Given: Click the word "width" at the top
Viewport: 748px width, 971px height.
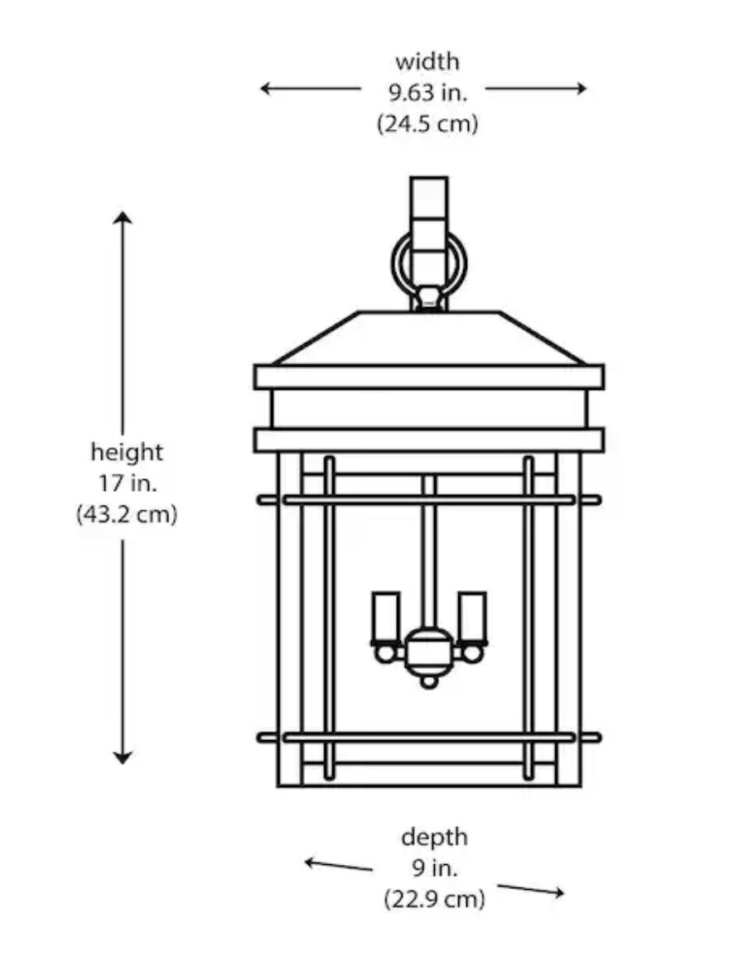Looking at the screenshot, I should (427, 61).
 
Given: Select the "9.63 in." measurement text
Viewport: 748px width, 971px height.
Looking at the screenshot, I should (427, 93).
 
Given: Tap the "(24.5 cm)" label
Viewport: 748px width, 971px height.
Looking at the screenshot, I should (427, 124).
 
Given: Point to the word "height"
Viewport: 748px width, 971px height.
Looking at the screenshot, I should (127, 452).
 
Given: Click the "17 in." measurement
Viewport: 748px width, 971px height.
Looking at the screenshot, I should (127, 483).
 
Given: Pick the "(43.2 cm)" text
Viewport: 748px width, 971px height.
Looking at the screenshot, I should (127, 515).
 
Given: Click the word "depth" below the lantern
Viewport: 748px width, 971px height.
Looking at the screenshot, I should (434, 837).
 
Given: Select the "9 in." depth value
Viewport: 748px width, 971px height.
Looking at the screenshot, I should (434, 868).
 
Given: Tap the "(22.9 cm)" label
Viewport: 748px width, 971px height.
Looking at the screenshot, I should (434, 899).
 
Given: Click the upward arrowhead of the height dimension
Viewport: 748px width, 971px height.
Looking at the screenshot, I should (123, 218).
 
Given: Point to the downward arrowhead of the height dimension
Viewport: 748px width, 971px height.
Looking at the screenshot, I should (123, 757).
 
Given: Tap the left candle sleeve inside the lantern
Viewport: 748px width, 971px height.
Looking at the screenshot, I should (386, 618).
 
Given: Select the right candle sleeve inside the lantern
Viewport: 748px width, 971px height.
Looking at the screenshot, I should (472, 618).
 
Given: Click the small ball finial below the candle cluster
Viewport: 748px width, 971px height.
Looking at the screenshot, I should (428, 681).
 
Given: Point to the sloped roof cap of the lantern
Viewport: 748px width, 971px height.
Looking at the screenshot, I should (429, 338).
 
